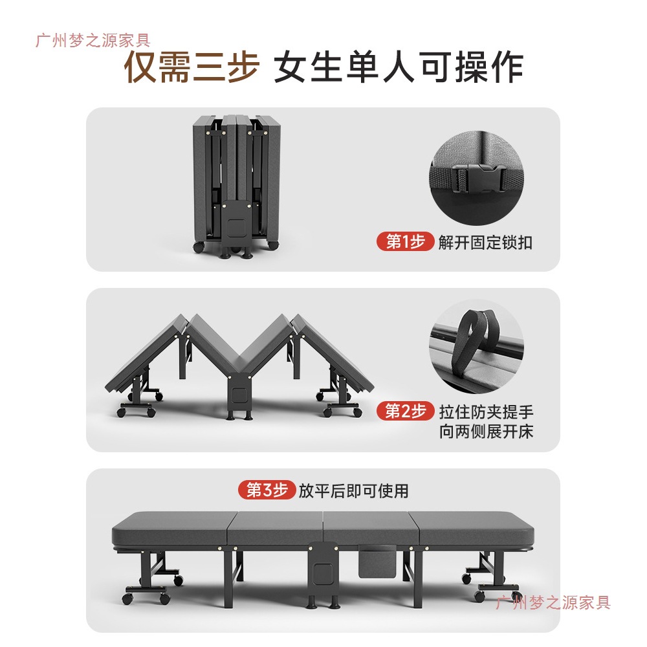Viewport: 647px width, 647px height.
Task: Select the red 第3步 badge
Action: pos(267,490)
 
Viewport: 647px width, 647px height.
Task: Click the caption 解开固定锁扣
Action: pos(485,243)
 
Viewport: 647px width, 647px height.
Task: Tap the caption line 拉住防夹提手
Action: pos(486,411)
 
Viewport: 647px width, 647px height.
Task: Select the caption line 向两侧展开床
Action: pos(486,432)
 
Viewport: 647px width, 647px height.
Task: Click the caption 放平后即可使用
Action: pos(353,490)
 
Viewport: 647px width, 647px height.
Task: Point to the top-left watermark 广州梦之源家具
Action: pos(93,41)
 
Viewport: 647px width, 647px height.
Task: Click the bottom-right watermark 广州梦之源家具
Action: pos(553,603)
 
